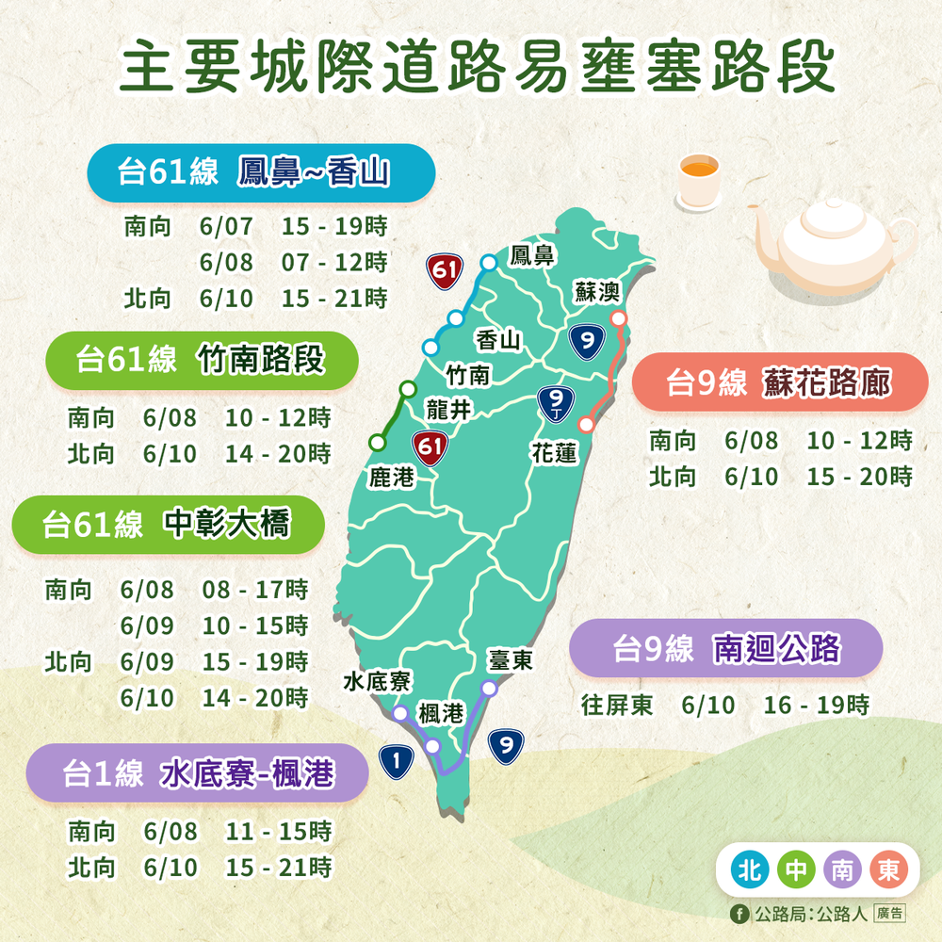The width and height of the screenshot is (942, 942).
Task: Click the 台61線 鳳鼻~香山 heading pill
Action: pyautogui.click(x=261, y=173)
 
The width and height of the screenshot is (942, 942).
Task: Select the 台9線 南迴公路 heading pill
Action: pyautogui.click(x=725, y=648)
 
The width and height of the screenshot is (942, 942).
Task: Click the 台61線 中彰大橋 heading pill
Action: pyautogui.click(x=168, y=525)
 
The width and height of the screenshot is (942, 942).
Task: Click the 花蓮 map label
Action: pyautogui.click(x=554, y=453)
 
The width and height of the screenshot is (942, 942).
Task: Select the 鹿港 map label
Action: pyautogui.click(x=391, y=478)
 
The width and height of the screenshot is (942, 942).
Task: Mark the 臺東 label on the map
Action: pyautogui.click(x=511, y=661)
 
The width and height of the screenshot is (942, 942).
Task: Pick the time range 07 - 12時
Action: pyautogui.click(x=334, y=262)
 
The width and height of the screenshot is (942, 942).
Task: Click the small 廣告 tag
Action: pyautogui.click(x=889, y=913)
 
